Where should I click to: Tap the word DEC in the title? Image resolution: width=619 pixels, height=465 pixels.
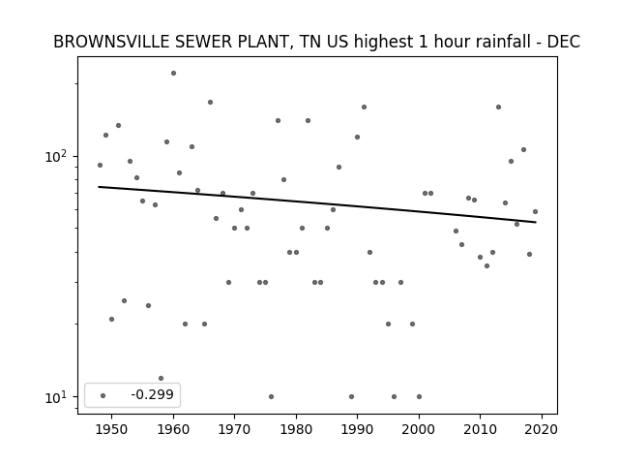565,42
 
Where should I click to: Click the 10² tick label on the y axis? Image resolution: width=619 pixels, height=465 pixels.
57,156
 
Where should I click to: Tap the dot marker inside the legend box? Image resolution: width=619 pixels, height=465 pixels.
103,395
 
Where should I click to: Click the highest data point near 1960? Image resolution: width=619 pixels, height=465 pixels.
173,73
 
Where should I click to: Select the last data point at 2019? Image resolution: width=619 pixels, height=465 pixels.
535,211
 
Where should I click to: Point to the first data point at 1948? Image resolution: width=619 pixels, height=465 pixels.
100,165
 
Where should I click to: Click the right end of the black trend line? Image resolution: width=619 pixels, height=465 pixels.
535,222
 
